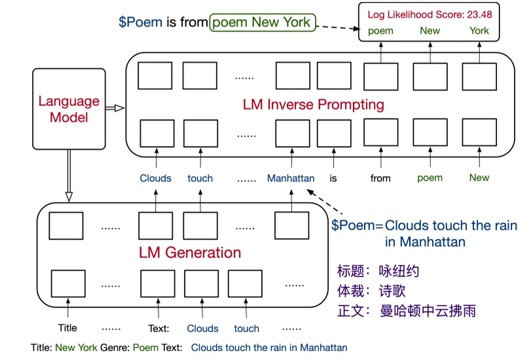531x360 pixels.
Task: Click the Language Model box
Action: pyautogui.click(x=69, y=109)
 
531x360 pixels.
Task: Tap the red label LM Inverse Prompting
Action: pyautogui.click(x=313, y=105)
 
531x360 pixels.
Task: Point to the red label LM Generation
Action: pyautogui.click(x=189, y=252)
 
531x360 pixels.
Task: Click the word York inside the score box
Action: pyautogui.click(x=479, y=31)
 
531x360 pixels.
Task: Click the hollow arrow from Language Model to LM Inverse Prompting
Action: pyautogui.click(x=115, y=108)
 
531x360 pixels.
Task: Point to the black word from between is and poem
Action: pyautogui.click(x=380, y=178)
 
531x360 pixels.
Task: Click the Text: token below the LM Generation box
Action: pyautogui.click(x=158, y=329)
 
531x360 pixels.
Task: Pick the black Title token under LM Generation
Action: pyautogui.click(x=67, y=328)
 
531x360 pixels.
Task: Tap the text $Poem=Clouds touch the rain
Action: pyautogui.click(x=424, y=226)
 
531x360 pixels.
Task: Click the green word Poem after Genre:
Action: pyautogui.click(x=146, y=348)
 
